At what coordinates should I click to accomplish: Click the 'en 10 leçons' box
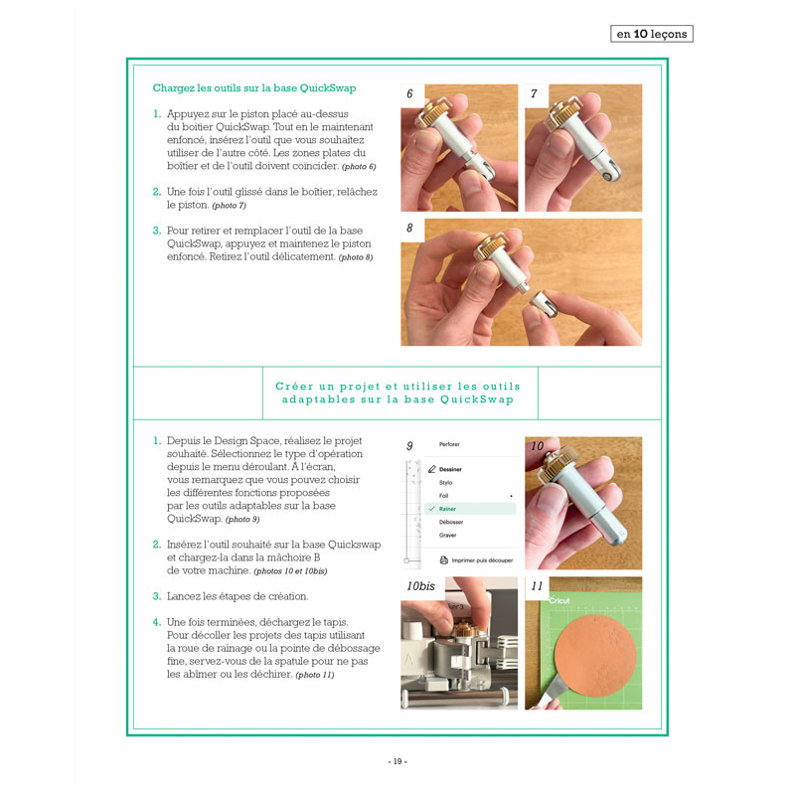pos(652,34)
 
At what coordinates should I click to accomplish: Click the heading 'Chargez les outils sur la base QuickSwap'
pos(254,88)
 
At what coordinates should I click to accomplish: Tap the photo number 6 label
pos(409,93)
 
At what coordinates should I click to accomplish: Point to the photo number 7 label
pos(534,93)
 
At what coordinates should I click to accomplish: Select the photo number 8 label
pos(409,229)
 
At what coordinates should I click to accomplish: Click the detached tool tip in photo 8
pos(544,303)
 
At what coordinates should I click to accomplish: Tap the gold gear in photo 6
pos(437,110)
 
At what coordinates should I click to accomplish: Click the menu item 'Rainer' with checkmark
pos(447,509)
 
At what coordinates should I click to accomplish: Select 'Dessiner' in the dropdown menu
pos(450,469)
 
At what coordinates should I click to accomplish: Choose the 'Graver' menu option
pos(448,535)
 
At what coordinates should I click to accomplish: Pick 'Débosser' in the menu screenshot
pos(451,522)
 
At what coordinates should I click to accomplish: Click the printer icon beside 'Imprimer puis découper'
pos(443,560)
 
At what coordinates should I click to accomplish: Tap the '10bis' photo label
pos(420,586)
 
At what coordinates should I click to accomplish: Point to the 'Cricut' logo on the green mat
pos(559,600)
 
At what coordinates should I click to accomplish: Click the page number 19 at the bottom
pos(397,761)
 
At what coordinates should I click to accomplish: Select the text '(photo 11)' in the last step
pos(315,675)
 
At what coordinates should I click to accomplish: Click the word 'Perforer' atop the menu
pos(449,444)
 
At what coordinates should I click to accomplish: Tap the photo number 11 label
pos(537,586)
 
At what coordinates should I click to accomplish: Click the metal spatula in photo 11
pos(551,690)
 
